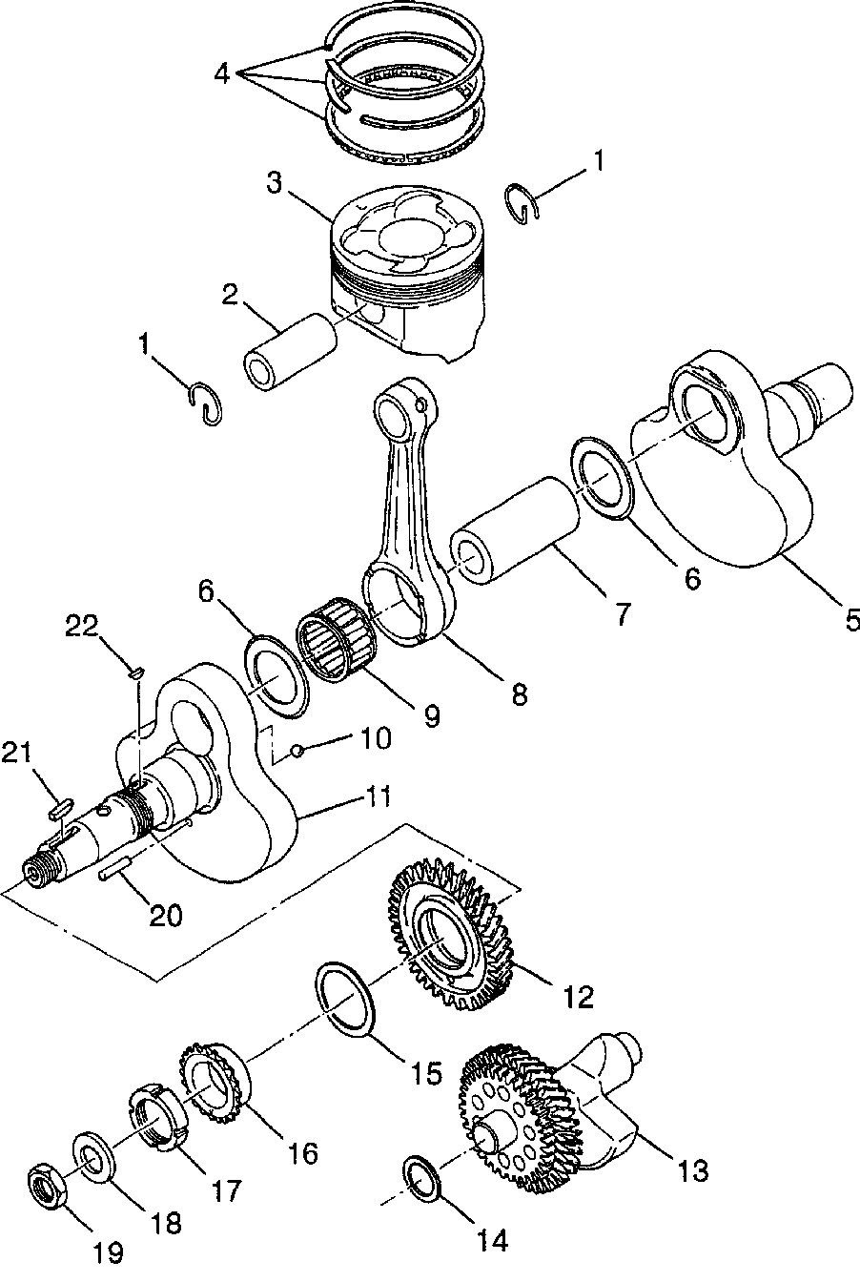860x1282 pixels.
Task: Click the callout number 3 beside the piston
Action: [275, 184]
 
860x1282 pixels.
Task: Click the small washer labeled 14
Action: [422, 1174]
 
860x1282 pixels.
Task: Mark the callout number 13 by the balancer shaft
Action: [693, 1170]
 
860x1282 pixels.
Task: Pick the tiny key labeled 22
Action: [135, 673]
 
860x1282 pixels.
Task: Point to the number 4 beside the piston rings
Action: [222, 72]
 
